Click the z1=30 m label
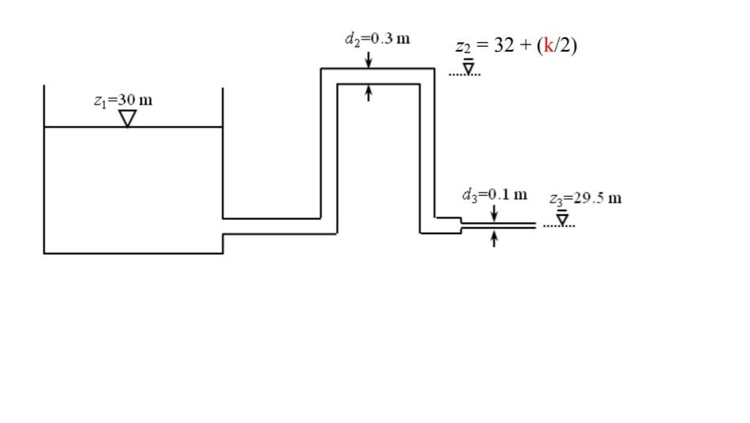123,101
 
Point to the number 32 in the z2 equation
504,44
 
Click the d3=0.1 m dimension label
494,194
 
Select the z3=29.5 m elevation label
586,198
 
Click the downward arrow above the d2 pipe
369,60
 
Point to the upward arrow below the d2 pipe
369,93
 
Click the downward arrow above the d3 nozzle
494,213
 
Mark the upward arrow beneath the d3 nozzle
494,239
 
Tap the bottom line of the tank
133,253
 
